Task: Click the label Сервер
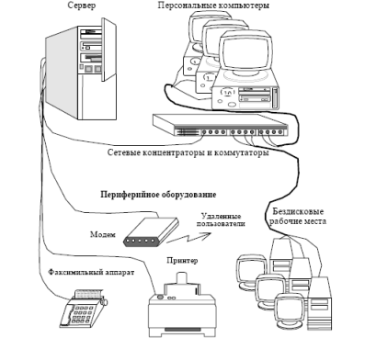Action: tap(81, 6)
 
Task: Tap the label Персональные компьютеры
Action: tap(213, 6)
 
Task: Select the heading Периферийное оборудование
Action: tap(158, 195)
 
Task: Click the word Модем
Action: tap(103, 234)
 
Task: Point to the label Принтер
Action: tap(182, 261)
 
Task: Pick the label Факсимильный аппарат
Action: tap(91, 272)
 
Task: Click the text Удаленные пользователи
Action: tap(221, 219)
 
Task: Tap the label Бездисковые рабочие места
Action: tap(298, 216)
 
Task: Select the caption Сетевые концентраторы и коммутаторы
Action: tap(188, 152)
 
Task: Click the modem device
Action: tap(151, 231)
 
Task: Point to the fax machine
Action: tap(83, 308)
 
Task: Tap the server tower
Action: tap(81, 69)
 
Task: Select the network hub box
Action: tap(221, 125)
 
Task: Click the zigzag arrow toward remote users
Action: tap(188, 238)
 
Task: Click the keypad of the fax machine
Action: tap(79, 315)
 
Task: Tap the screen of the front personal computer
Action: tap(247, 51)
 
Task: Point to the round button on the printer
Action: tap(159, 297)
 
